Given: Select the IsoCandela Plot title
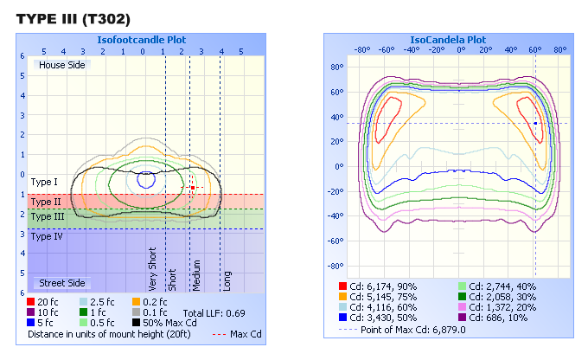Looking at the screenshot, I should coord(446,40).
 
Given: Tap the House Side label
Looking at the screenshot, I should coord(61,64).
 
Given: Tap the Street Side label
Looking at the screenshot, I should coord(61,283).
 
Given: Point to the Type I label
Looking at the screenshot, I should coord(44,183).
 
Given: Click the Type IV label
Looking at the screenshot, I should coord(46,235).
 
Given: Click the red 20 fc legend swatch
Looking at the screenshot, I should coord(32,302).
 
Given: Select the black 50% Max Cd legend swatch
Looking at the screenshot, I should coord(137,322).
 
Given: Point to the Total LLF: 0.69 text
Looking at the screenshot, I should coord(210,312).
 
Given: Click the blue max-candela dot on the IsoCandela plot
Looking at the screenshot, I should coord(535,123).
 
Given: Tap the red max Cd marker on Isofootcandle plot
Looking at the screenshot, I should coord(193,187).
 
